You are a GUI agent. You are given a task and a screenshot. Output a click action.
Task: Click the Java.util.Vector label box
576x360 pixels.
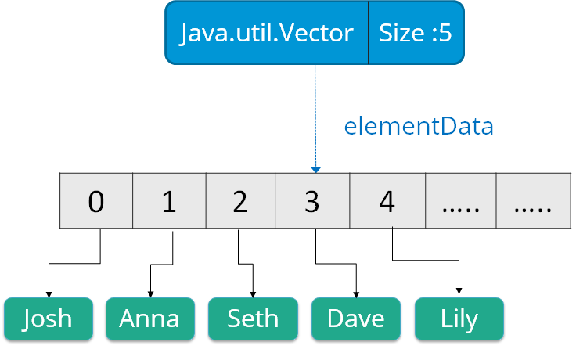pyautogui.click(x=266, y=33)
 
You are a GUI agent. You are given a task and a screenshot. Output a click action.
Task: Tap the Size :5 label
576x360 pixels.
pyautogui.click(x=416, y=33)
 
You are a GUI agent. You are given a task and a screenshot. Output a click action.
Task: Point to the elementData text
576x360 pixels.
pyautogui.click(x=419, y=127)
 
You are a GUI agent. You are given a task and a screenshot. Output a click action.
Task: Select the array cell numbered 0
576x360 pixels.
pyautogui.click(x=96, y=201)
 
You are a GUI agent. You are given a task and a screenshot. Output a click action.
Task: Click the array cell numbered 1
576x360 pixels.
pyautogui.click(x=168, y=201)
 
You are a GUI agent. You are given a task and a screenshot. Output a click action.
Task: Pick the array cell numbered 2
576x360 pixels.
pyautogui.click(x=239, y=201)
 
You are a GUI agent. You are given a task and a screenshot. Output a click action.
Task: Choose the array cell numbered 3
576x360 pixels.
pyautogui.click(x=311, y=201)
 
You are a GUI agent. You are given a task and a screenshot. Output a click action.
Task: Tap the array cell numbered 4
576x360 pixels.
pyautogui.click(x=386, y=201)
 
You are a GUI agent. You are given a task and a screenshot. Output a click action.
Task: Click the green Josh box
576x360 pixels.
pyautogui.click(x=48, y=319)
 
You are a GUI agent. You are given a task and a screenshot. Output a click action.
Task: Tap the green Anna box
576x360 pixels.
pyautogui.click(x=149, y=319)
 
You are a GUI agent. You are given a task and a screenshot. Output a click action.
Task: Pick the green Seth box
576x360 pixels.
pyautogui.click(x=253, y=319)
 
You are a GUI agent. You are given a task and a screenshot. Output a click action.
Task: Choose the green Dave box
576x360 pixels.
pyautogui.click(x=356, y=319)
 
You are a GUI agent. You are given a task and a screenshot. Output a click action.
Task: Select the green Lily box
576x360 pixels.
pyautogui.click(x=459, y=319)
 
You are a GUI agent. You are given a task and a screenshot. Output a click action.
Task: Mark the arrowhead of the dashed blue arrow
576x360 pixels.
pyautogui.click(x=315, y=168)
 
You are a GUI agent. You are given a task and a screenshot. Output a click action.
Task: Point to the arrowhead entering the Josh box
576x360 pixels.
pyautogui.click(x=49, y=292)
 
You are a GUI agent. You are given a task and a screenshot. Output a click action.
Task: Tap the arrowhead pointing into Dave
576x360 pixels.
pyautogui.click(x=356, y=292)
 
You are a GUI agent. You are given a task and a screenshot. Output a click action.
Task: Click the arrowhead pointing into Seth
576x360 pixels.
pyautogui.click(x=253, y=292)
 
